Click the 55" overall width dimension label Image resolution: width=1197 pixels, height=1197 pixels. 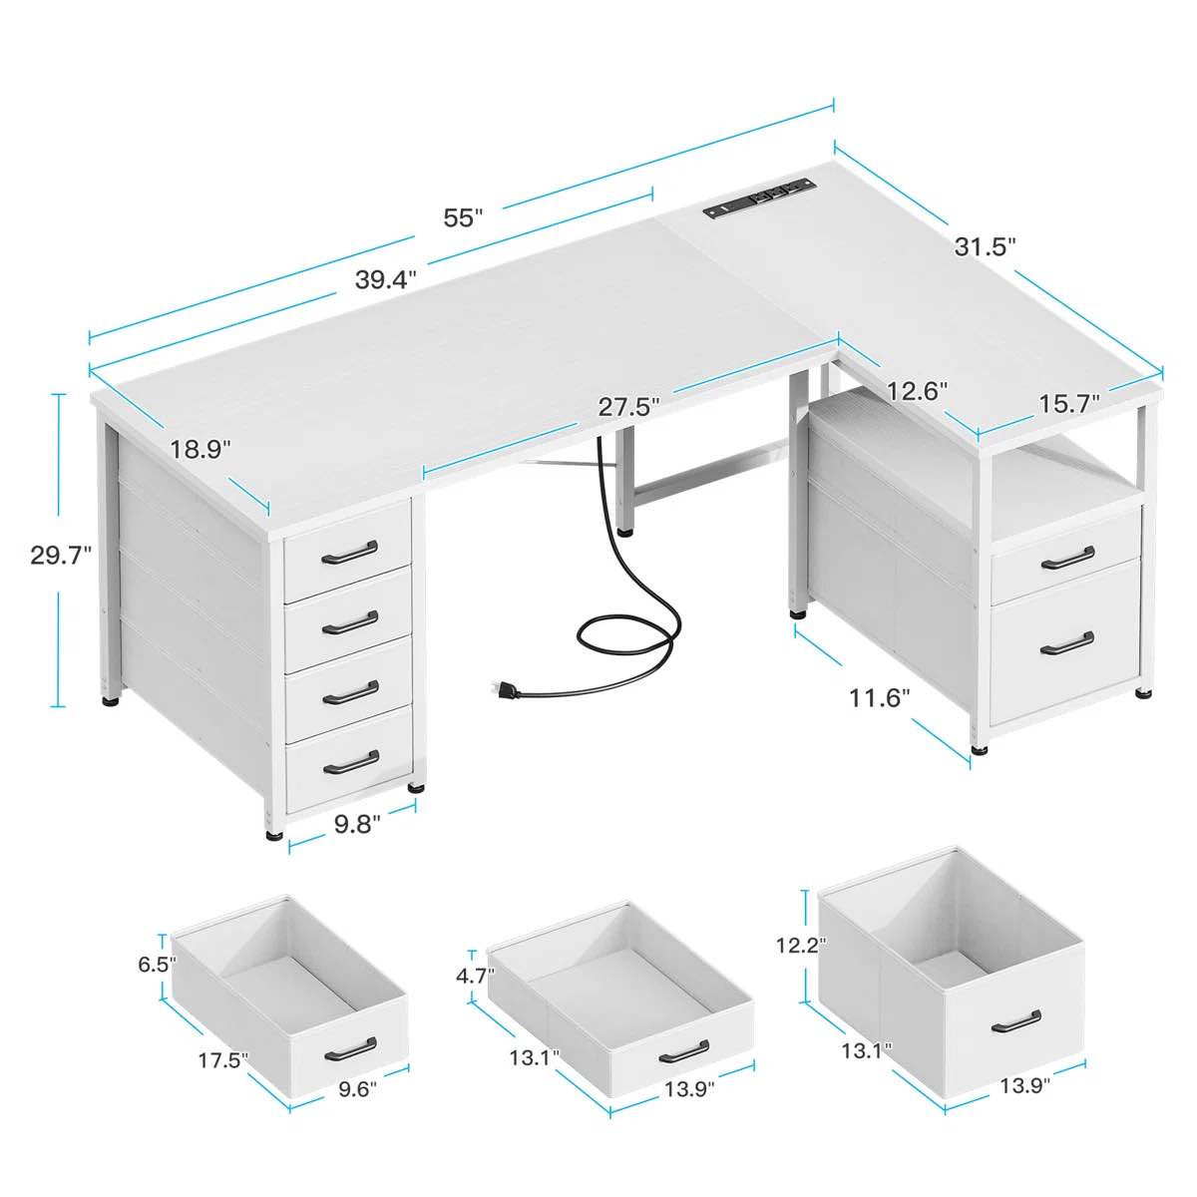(463, 217)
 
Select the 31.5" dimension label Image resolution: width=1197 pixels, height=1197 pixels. (985, 246)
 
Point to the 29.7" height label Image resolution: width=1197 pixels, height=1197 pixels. (60, 555)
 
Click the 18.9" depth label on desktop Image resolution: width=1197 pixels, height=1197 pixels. (199, 449)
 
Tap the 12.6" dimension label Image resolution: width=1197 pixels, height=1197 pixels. (917, 391)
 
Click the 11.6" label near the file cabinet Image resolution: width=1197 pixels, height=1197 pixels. (880, 698)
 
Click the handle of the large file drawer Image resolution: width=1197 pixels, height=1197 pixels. (1066, 643)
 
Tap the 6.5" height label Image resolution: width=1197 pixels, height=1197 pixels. (157, 964)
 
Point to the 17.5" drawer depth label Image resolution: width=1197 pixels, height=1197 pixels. (222, 1059)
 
